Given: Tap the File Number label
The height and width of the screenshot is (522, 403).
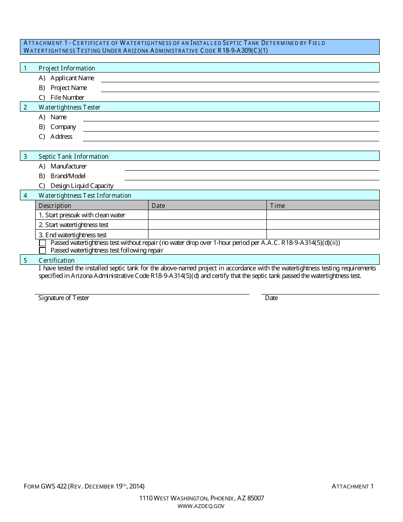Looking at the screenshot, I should (67, 98).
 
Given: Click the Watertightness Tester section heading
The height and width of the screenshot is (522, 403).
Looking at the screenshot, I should (70, 107).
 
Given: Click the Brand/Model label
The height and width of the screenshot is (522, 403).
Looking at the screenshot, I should (68, 176).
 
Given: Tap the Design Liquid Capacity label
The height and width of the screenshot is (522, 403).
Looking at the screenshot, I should (82, 186).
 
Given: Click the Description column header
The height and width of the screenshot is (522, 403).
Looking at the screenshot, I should (55, 206).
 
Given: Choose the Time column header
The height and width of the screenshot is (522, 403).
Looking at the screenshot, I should (277, 206).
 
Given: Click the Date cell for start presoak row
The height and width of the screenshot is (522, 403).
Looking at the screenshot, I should (207, 215).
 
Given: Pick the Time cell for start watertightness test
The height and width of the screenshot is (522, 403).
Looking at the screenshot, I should (322, 225).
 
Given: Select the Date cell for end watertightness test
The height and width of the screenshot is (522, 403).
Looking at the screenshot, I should (207, 235).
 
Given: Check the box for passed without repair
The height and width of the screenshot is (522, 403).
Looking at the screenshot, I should (42, 243).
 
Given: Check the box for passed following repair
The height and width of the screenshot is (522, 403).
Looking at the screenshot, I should (42, 250).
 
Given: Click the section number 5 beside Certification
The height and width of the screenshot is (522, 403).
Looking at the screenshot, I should (25, 261).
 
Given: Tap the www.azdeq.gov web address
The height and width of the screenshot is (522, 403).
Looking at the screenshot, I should (201, 506).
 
